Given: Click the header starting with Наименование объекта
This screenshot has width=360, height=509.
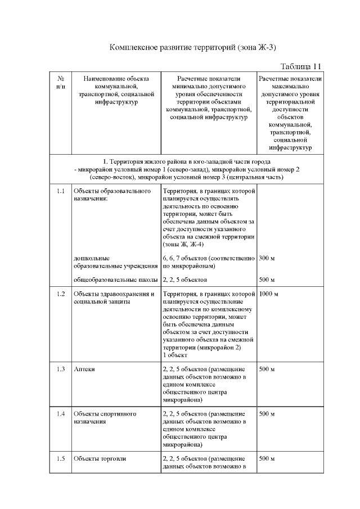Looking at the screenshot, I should coord(116,90).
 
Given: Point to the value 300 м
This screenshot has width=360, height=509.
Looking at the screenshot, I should coord(267,258).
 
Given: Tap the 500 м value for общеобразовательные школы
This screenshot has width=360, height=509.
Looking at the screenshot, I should coord(267,280).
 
